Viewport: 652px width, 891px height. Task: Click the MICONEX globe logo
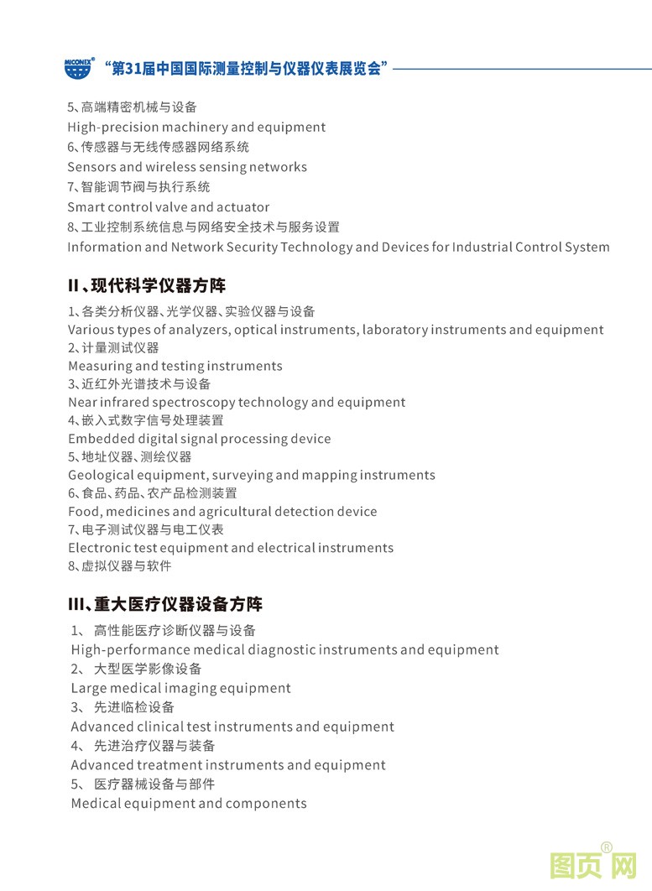(79, 69)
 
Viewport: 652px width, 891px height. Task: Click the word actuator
(243, 207)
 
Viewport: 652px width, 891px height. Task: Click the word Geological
(100, 476)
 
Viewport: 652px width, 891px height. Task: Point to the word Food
(84, 512)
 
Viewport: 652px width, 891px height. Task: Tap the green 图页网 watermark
(592, 865)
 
